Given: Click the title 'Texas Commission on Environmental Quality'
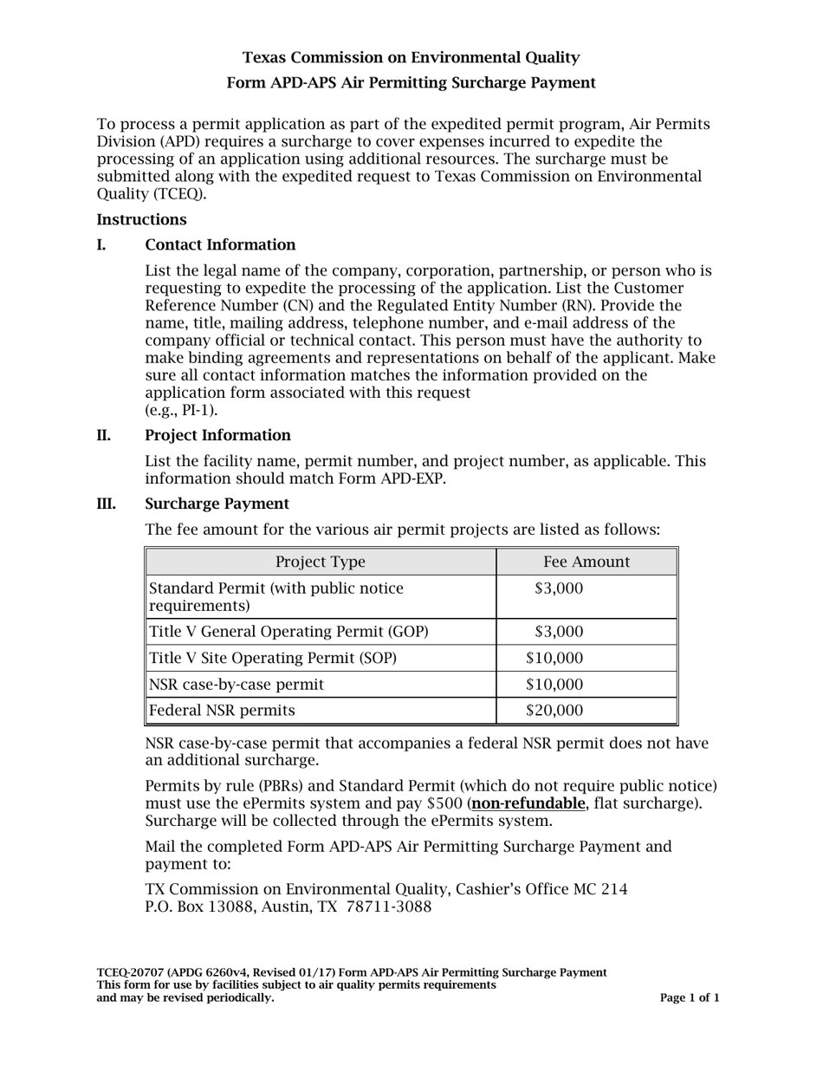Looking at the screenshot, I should click(x=411, y=58).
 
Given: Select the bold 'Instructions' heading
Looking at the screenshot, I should click(x=141, y=220).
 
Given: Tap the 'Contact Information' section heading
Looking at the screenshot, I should click(x=220, y=245).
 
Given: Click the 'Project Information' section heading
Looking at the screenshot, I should click(x=217, y=435).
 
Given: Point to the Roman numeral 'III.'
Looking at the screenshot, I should click(x=108, y=504).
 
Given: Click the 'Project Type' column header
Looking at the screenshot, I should click(x=321, y=562).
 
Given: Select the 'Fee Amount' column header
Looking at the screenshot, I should click(x=586, y=562).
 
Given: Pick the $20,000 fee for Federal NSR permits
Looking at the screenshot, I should click(x=554, y=711).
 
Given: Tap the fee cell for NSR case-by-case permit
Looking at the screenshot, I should click(x=554, y=685).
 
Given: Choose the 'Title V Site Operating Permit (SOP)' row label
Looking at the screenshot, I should click(x=274, y=658).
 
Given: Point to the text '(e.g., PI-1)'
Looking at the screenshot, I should click(x=181, y=410).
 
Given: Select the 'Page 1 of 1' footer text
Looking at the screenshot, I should click(x=690, y=998).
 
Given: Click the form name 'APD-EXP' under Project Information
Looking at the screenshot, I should click(x=411, y=478).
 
